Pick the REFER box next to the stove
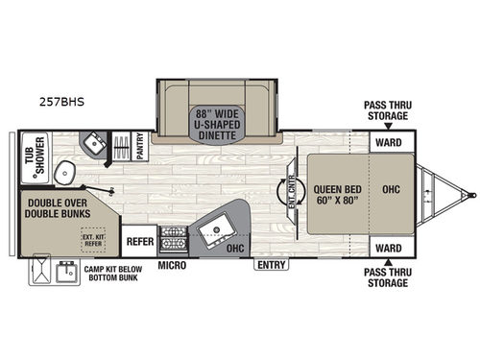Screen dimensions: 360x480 139,242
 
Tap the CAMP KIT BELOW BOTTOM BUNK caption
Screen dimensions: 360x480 112,275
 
